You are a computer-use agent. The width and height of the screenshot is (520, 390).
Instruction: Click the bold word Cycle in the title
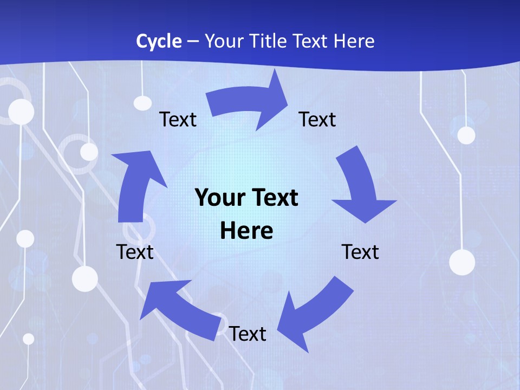click(159, 41)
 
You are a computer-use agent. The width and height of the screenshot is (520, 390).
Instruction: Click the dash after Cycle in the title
click(193, 42)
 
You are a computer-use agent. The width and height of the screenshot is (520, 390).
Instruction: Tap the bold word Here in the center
click(246, 231)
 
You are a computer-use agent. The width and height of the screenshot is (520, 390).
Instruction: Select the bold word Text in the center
click(274, 198)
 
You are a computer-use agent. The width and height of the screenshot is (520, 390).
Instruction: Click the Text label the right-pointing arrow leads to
click(317, 119)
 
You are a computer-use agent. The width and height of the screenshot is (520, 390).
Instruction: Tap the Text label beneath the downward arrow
click(360, 252)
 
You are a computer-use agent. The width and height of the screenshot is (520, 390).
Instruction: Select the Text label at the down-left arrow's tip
click(248, 334)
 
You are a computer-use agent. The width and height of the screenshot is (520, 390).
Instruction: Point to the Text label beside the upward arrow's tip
click(178, 119)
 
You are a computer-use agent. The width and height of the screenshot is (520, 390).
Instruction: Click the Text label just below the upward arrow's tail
click(135, 252)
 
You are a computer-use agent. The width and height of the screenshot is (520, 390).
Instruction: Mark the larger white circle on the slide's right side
click(462, 262)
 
